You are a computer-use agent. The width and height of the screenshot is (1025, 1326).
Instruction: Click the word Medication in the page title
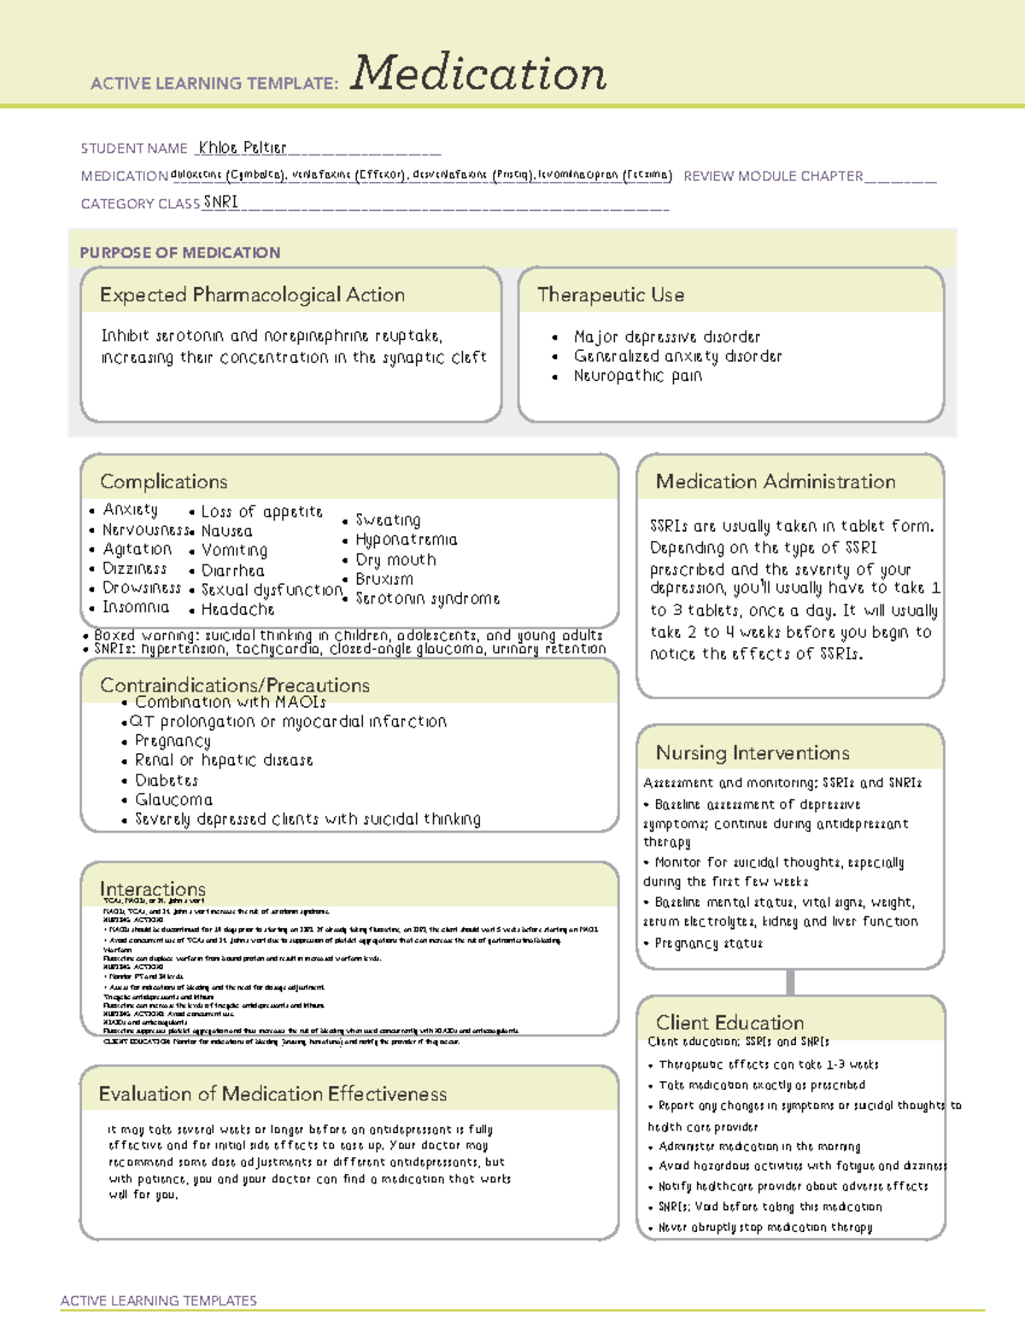tap(478, 73)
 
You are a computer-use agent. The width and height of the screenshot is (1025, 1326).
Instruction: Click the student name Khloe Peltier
tap(242, 148)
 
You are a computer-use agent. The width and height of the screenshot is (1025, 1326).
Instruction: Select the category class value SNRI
tap(220, 202)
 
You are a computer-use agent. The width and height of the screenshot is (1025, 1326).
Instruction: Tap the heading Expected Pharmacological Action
tap(252, 295)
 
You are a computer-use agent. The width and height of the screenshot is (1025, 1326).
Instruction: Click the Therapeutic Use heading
tap(610, 295)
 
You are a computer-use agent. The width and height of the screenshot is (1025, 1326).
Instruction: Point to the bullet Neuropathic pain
tap(637, 376)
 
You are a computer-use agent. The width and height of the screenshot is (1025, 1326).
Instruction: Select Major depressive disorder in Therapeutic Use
tap(666, 337)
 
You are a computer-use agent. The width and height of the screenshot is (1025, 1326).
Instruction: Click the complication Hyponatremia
tap(406, 540)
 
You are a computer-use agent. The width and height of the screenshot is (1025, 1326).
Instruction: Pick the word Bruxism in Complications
tap(384, 579)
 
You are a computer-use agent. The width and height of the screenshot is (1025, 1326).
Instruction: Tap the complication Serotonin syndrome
tap(427, 599)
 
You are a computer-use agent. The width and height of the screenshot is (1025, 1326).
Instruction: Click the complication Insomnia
tap(136, 607)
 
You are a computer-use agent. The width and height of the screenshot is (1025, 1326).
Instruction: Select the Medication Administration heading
tap(775, 482)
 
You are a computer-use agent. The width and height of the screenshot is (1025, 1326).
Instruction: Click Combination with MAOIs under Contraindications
tap(230, 702)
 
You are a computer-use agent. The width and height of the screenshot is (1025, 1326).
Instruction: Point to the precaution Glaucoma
tap(173, 800)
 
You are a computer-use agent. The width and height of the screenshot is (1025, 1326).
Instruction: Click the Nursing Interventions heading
tap(752, 753)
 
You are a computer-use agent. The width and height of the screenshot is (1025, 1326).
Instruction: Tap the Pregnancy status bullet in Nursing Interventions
tap(708, 943)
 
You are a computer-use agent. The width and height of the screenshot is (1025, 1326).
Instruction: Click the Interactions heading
tap(152, 889)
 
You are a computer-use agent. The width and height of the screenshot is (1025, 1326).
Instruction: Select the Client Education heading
tap(729, 1022)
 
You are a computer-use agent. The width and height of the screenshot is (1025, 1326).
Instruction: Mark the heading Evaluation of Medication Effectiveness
tap(272, 1094)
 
